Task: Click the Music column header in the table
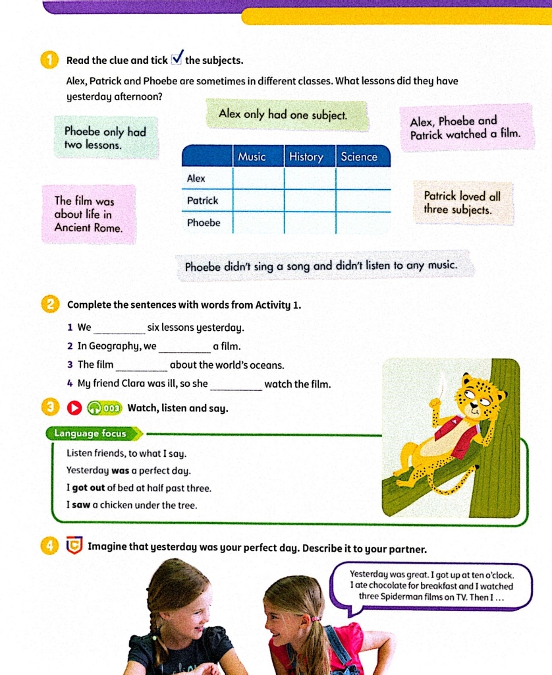[252, 157]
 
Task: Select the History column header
[306, 157]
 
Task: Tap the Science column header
[359, 157]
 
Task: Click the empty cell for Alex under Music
[258, 179]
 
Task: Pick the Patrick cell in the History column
[310, 200]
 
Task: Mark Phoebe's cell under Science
[362, 223]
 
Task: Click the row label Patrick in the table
[202, 200]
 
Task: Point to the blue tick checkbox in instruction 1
[177, 59]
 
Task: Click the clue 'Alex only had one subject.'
[283, 115]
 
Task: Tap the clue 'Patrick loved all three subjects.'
[462, 203]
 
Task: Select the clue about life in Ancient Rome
[88, 214]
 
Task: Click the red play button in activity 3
[74, 408]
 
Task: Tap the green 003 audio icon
[105, 408]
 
